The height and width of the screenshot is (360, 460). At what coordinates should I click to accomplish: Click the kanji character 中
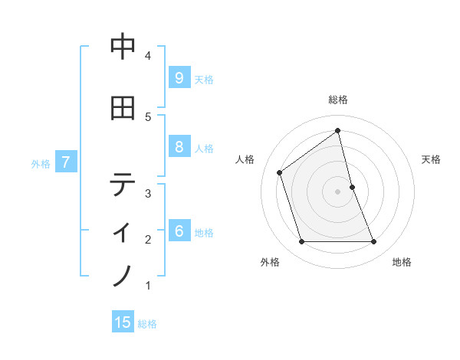point(123,47)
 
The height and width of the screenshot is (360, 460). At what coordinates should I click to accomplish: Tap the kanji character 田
point(123,109)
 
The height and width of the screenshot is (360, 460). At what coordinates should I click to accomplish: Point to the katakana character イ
point(123,230)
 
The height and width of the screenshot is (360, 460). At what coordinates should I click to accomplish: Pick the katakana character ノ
point(123,275)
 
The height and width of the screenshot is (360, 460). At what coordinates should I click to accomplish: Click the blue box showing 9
point(179,78)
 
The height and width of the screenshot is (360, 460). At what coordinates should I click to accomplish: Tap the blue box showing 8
point(179,148)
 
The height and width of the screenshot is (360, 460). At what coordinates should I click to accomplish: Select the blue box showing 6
point(179,232)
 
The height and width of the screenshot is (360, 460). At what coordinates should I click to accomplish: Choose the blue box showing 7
point(67,162)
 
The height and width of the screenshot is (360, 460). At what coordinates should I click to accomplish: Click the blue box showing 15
point(123,323)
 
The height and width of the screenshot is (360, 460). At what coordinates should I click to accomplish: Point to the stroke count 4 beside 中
point(148,56)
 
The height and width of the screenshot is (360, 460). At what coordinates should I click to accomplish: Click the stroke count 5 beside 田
point(148,116)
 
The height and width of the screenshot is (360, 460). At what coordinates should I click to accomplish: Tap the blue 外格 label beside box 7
point(41,163)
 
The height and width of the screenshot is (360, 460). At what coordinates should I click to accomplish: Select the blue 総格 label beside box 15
point(147,324)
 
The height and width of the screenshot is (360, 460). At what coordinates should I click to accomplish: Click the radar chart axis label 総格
point(338,100)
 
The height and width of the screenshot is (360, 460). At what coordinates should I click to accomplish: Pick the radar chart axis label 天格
point(432,159)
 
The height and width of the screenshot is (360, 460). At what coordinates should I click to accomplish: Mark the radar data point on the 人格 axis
point(280,172)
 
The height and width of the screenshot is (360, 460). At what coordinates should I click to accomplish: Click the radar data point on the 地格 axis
point(374,242)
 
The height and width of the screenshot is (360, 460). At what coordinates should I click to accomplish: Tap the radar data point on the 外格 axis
point(301,242)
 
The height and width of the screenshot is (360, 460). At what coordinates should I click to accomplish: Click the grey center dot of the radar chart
point(338,191)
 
